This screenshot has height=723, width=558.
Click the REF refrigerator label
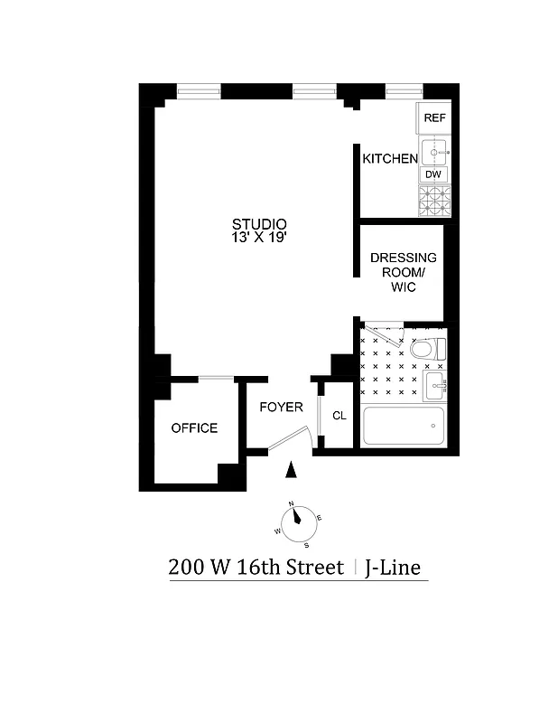click(434, 118)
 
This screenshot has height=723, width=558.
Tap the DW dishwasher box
click(433, 174)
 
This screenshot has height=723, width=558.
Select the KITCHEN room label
click(390, 159)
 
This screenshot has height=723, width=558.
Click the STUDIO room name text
click(259, 224)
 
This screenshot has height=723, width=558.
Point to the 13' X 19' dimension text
click(259, 238)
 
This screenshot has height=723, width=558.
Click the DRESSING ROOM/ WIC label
click(403, 272)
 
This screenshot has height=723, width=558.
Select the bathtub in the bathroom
click(404, 425)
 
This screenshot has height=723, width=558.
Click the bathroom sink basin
click(436, 388)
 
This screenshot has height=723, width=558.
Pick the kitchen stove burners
click(433, 200)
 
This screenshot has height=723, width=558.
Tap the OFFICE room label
click(194, 427)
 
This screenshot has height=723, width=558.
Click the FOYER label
click(281, 408)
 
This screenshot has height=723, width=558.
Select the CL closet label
click(339, 416)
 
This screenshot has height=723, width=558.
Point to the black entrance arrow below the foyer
click(291, 469)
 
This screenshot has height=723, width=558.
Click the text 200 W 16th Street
click(256, 568)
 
